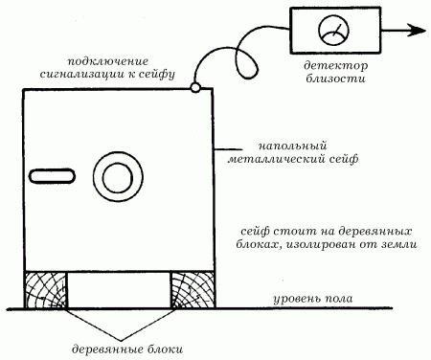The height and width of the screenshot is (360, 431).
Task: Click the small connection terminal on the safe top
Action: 195,87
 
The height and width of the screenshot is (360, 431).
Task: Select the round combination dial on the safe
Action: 118,177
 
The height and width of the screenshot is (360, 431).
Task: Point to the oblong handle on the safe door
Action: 53,176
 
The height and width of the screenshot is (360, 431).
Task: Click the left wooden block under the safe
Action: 46,290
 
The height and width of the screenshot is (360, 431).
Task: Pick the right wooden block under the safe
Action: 193,290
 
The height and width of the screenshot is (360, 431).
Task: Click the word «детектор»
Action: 335,65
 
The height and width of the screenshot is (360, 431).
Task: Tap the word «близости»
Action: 335,79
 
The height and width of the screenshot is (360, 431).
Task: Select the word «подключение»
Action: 108,61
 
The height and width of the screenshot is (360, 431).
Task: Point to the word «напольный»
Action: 292,146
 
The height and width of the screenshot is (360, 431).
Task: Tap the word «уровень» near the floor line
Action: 296,300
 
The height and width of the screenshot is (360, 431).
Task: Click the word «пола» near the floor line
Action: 339,299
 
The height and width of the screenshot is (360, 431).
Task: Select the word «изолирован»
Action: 320,245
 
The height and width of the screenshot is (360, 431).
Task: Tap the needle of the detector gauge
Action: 336,30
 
